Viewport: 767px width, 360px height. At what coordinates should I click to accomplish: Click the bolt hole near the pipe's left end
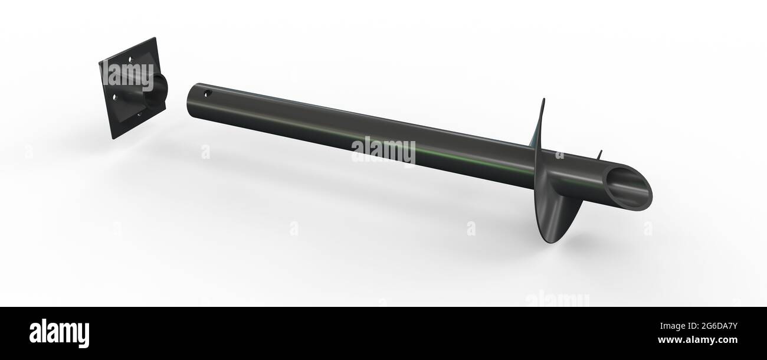point(208,93)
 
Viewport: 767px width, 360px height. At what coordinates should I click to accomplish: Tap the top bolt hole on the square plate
point(130,59)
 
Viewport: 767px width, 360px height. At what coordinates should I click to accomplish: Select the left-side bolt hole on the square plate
point(115,97)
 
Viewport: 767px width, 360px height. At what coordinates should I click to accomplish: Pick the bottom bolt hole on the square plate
point(139,114)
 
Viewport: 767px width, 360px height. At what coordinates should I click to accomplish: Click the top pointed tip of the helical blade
point(544,99)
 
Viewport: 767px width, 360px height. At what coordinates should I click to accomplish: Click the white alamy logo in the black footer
point(59,333)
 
